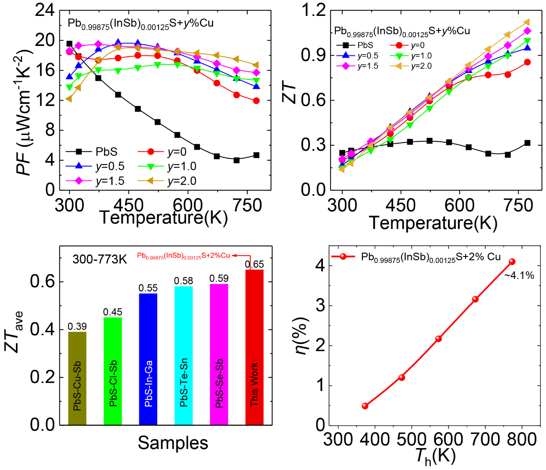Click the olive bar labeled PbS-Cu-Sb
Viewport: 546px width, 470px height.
(77, 378)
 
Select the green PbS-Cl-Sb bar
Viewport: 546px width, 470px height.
(113, 371)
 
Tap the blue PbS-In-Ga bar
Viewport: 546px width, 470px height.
(148, 359)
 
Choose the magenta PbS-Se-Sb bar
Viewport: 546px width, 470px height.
(219, 354)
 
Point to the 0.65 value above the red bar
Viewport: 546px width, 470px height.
(255, 264)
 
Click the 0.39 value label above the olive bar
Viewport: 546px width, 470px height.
(77, 327)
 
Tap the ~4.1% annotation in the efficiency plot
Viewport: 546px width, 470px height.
(519, 275)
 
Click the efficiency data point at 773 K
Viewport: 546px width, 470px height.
(512, 262)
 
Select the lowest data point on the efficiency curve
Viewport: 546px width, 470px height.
(365, 406)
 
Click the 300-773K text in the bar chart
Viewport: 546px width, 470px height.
(100, 259)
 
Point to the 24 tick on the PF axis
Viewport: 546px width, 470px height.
(45, 10)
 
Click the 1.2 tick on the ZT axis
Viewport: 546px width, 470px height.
(314, 10)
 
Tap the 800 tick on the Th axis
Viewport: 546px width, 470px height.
(522, 439)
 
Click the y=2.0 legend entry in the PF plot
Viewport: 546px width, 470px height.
(172, 181)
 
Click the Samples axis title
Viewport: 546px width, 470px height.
(173, 443)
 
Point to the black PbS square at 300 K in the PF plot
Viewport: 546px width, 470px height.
(70, 44)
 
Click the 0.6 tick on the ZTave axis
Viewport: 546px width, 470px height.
(43, 282)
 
